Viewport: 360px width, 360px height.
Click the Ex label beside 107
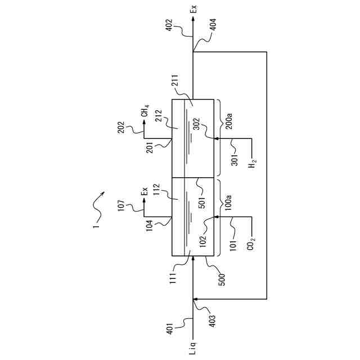coord(145,191)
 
